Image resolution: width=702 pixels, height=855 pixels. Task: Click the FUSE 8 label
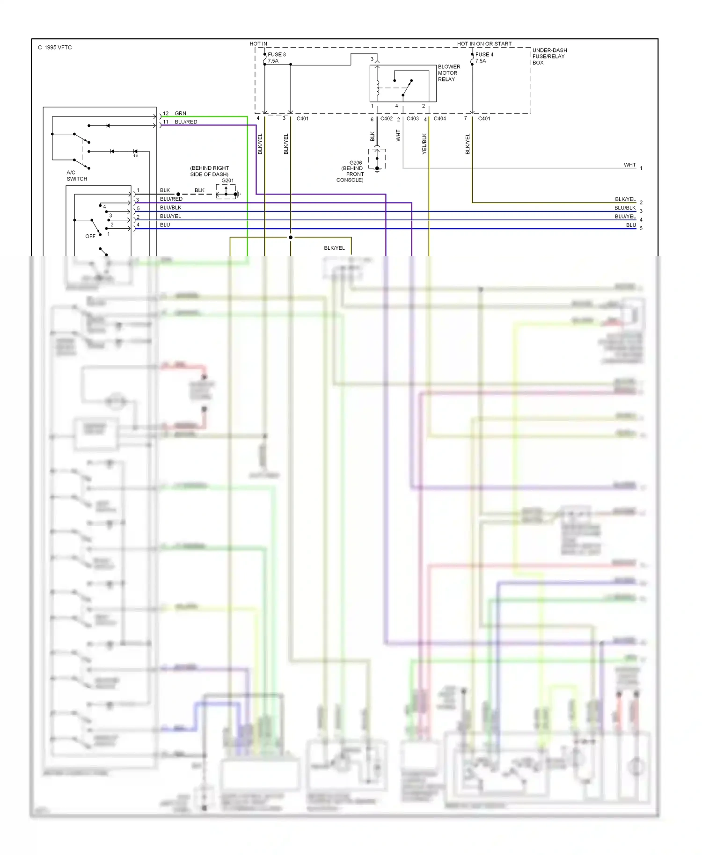(x=277, y=55)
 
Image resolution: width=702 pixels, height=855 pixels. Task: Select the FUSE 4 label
(x=484, y=55)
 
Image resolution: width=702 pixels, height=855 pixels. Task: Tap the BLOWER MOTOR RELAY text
(x=449, y=73)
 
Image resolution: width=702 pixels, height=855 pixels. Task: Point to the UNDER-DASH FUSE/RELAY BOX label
(x=549, y=56)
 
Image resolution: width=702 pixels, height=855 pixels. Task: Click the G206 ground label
(x=356, y=163)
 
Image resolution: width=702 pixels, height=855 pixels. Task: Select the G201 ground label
(x=227, y=181)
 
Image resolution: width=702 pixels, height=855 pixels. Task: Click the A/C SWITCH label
(x=77, y=175)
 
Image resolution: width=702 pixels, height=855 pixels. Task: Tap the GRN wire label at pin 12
(x=180, y=113)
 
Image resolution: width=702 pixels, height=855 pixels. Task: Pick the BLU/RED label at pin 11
(x=186, y=122)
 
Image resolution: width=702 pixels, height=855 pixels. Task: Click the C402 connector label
(x=387, y=119)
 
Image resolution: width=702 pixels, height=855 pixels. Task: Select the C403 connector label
(x=413, y=119)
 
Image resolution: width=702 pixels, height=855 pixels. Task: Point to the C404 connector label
(x=440, y=119)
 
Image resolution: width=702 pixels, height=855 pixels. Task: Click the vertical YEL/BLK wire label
(x=424, y=144)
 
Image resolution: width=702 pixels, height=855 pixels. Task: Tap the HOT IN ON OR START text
(x=484, y=44)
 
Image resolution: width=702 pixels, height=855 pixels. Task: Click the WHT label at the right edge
(x=629, y=165)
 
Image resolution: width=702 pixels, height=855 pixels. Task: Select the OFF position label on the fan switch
(x=90, y=236)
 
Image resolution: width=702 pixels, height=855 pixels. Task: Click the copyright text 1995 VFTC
(x=55, y=47)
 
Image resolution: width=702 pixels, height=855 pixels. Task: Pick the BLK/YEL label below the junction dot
(x=334, y=248)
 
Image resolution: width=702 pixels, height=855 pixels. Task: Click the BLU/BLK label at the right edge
(x=625, y=208)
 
